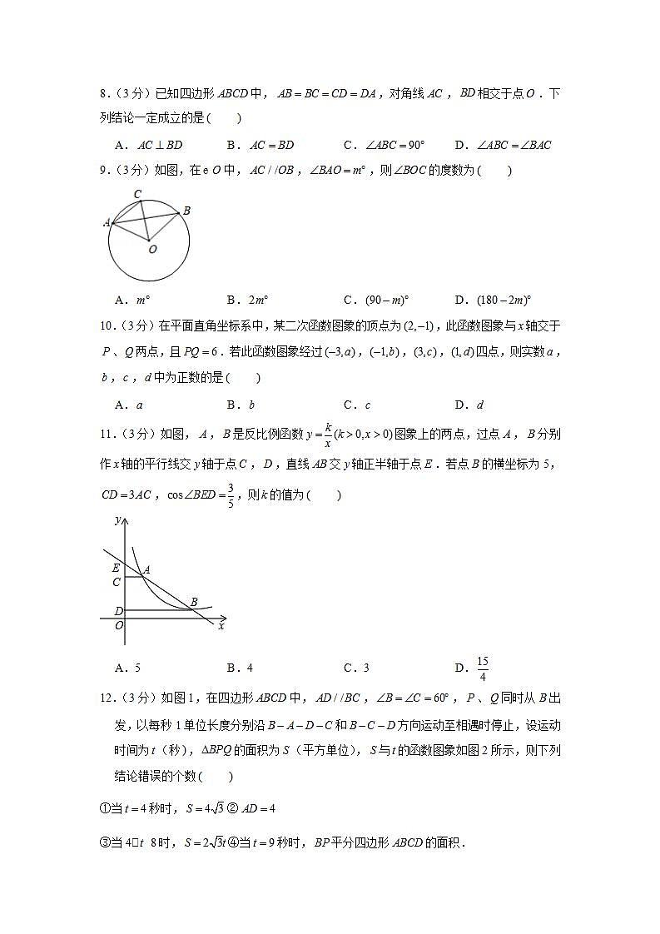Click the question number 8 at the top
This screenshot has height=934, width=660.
click(x=103, y=94)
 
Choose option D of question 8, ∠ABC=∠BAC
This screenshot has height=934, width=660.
click(x=504, y=145)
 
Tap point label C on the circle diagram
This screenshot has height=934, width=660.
click(x=137, y=195)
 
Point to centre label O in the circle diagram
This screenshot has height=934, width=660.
click(x=151, y=248)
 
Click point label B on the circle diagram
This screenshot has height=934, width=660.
click(x=186, y=211)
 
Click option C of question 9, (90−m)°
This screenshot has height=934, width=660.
click(x=377, y=300)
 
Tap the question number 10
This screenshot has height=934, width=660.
click(x=106, y=326)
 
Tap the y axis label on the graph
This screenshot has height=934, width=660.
click(x=117, y=519)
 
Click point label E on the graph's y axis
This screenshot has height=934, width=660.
click(x=117, y=569)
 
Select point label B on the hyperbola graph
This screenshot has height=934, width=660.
click(x=194, y=602)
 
